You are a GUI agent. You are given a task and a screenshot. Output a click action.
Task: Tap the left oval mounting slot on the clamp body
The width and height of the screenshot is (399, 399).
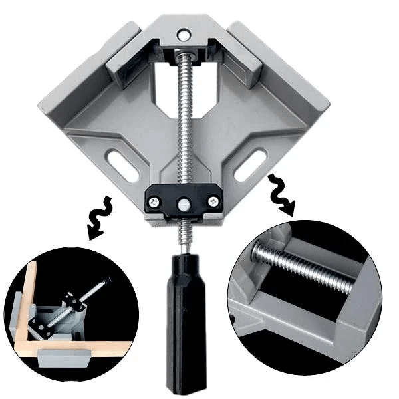(124, 163)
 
